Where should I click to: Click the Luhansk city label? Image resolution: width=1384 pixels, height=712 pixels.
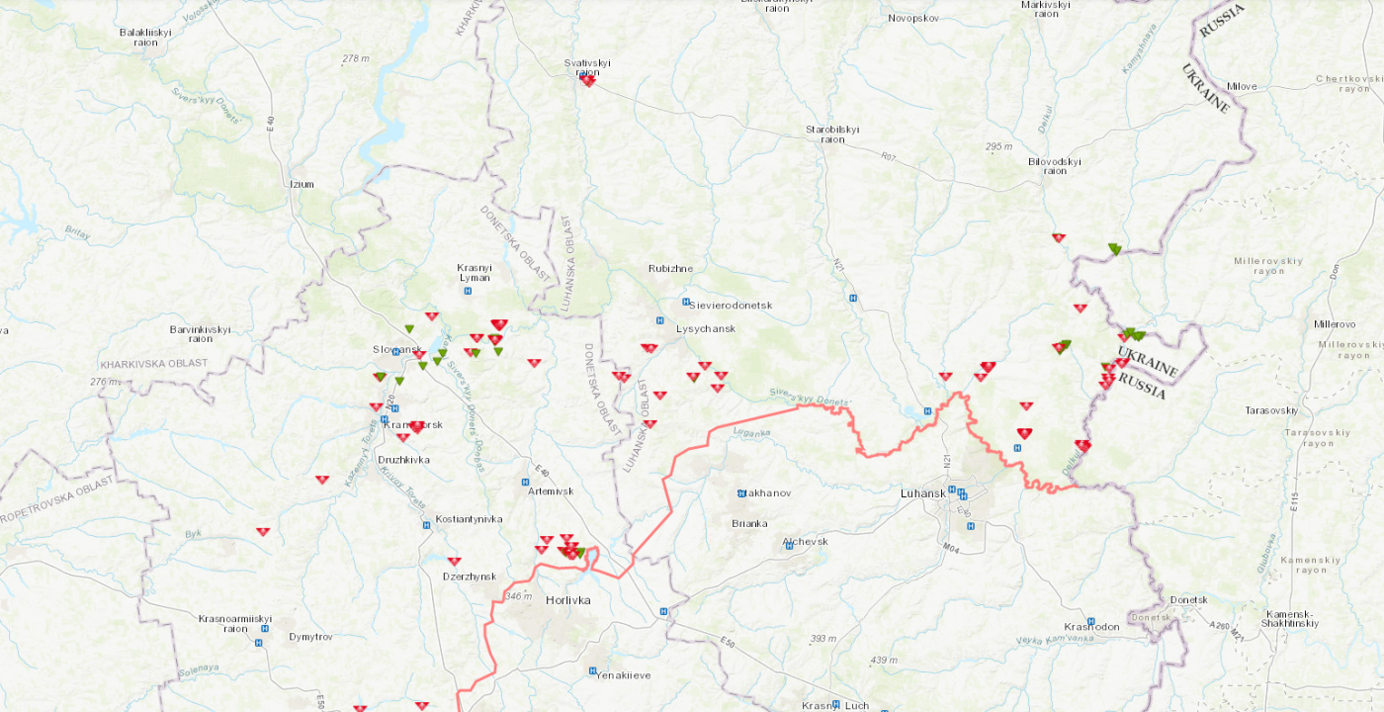(924, 492)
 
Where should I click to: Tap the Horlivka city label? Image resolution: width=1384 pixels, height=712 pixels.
(568, 600)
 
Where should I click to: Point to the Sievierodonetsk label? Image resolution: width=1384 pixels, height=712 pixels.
(731, 306)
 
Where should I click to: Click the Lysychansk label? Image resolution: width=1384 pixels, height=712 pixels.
(706, 328)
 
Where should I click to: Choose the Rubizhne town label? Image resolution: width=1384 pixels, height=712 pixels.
(671, 268)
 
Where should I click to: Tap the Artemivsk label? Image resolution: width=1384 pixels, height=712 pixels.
(551, 491)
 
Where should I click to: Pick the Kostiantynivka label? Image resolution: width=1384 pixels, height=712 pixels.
(470, 519)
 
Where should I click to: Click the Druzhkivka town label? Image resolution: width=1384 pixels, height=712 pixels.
(404, 460)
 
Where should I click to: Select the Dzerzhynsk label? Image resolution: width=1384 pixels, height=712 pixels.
(469, 577)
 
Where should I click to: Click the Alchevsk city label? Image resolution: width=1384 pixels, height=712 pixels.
(805, 542)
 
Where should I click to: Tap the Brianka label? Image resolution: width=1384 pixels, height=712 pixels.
(749, 523)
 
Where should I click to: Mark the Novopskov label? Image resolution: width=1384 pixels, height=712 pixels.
(912, 18)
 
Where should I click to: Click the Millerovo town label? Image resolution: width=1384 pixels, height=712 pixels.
(1336, 324)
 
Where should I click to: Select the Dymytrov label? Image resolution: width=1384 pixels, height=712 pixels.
(311, 637)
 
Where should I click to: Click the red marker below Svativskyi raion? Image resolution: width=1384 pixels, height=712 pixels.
(587, 81)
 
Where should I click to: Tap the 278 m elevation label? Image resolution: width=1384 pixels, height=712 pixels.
(355, 58)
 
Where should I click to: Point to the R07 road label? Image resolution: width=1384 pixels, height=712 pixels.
(890, 155)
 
